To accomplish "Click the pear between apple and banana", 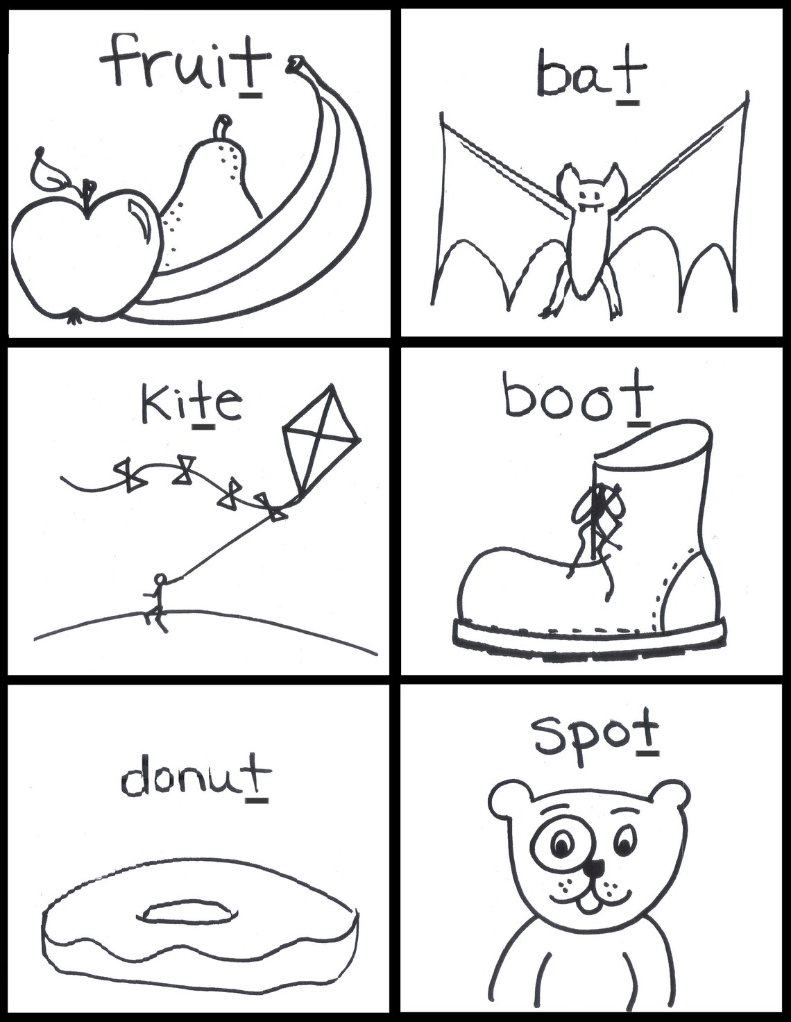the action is [x=212, y=188].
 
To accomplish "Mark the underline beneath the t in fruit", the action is [x=250, y=96].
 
